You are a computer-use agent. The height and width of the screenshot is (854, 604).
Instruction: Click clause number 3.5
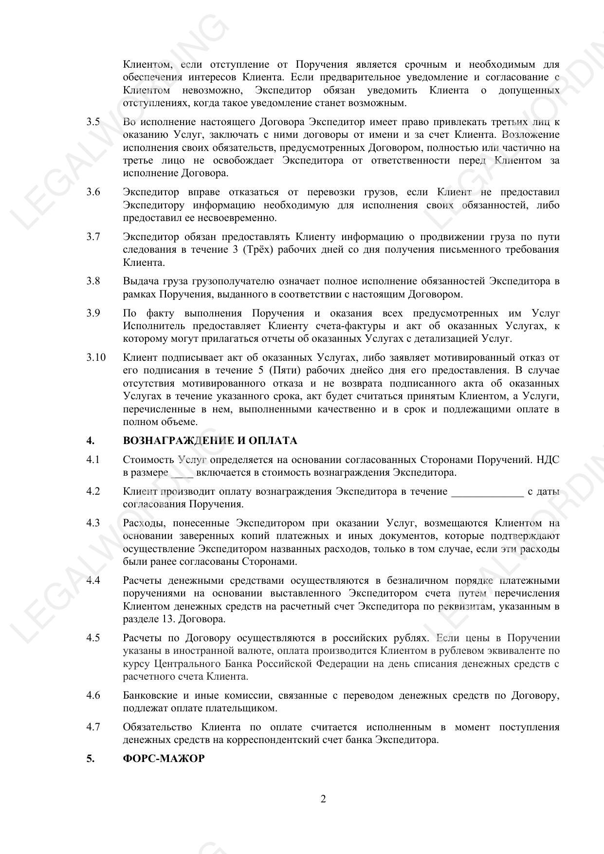[93, 122]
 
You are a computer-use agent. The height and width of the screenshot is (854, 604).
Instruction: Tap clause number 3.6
[93, 192]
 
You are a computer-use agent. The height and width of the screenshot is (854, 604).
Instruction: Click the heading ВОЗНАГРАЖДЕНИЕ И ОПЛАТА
[210, 441]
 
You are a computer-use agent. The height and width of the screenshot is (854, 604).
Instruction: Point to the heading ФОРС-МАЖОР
[164, 759]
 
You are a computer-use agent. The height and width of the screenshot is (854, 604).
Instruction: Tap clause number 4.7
[93, 727]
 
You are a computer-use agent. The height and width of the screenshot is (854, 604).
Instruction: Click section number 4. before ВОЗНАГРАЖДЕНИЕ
[91, 441]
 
